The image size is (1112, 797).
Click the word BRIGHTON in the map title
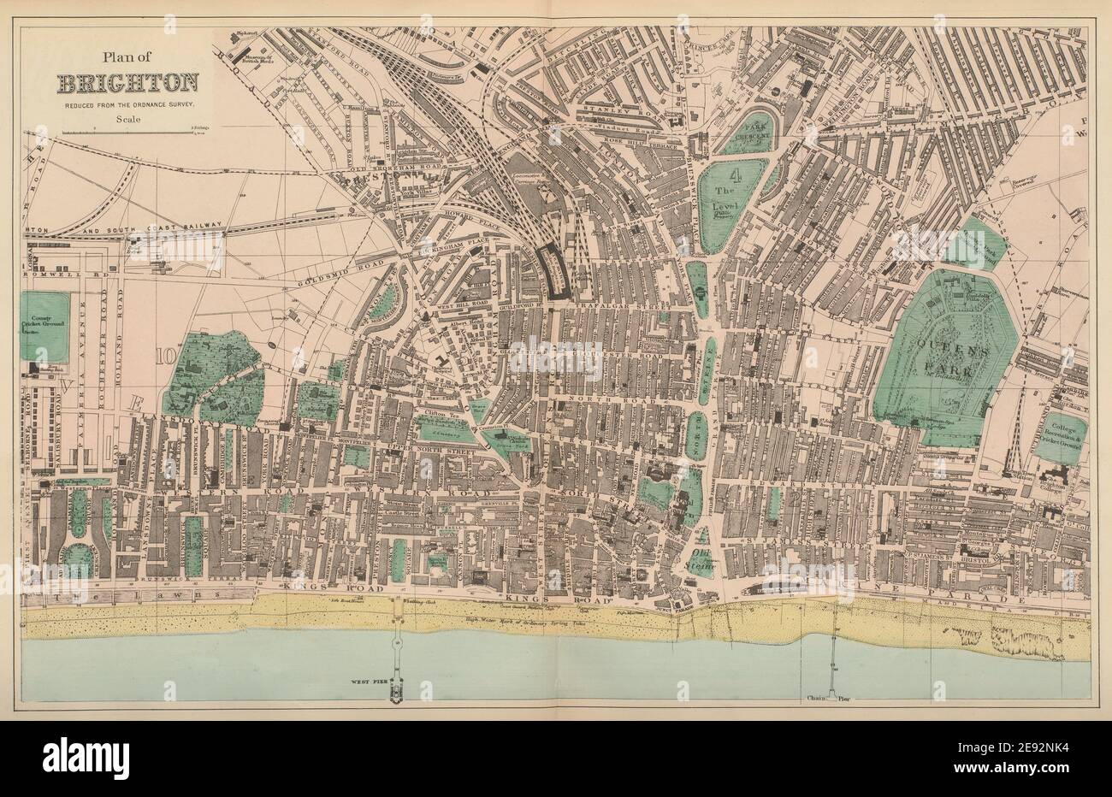click(x=129, y=83)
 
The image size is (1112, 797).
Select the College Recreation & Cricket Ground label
click(x=1064, y=438)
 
